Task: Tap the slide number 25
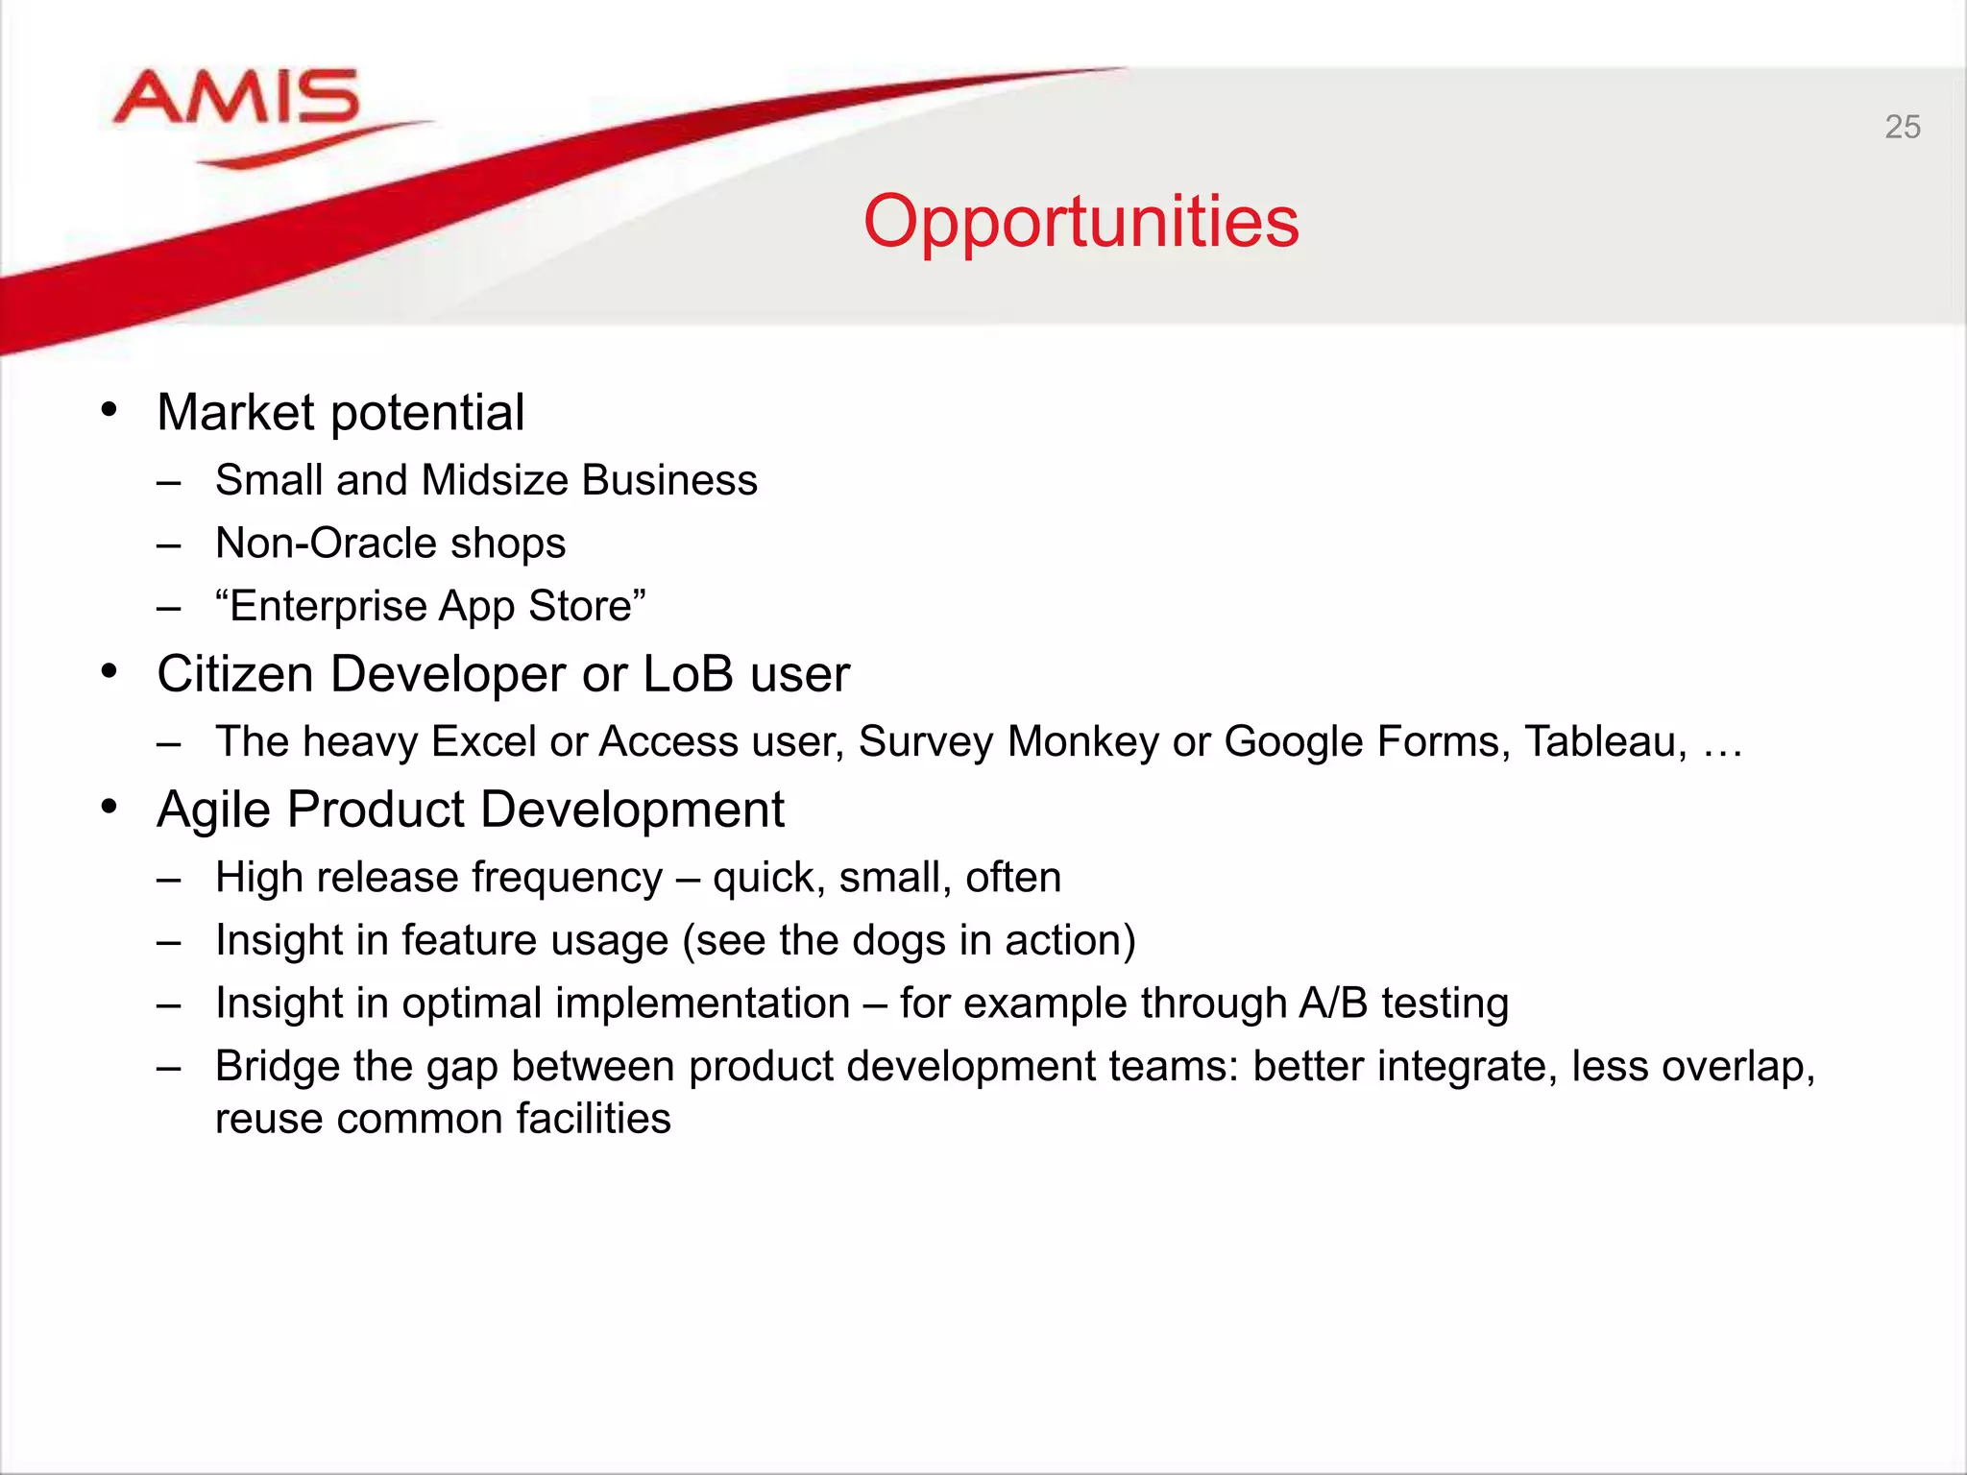point(1902,127)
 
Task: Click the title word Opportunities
point(1081,222)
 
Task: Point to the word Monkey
point(1083,742)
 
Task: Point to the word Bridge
point(277,1067)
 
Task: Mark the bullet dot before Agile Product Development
point(109,808)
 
